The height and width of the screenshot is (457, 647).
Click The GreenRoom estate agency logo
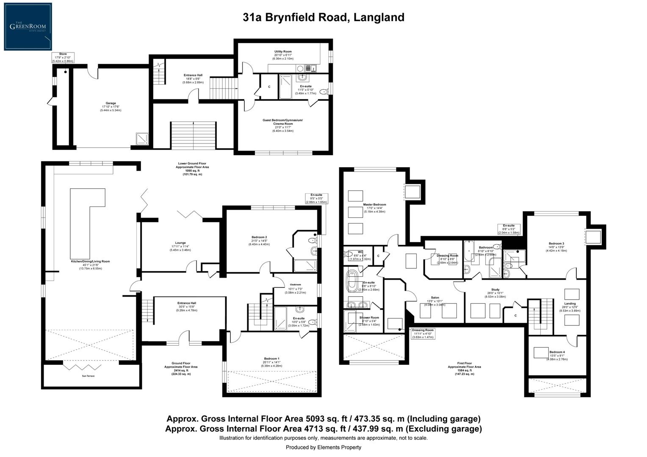coord(28,27)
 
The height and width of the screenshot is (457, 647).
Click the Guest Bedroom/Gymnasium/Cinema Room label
coord(283,123)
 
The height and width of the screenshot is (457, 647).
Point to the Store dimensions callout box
coord(63,58)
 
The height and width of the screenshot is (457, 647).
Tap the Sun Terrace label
coord(88,376)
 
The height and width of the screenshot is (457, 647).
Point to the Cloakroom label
coord(295,285)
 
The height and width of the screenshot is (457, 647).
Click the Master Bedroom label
coord(374,205)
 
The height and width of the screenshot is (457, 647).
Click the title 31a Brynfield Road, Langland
coord(323,17)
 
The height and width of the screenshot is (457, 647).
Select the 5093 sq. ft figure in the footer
coord(326,419)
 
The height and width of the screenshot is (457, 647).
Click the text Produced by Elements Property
coord(323,447)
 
